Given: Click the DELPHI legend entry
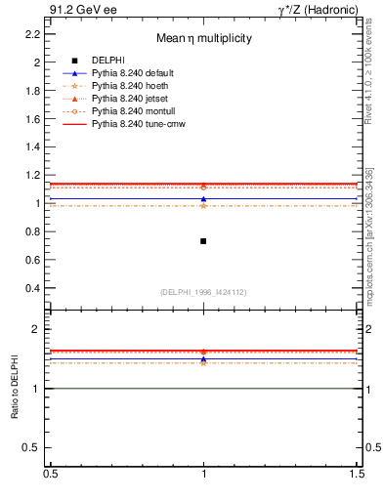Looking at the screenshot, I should click(107, 61).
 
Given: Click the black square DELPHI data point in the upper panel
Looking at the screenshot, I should click(203, 241).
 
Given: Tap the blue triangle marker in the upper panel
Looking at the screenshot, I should click(203, 199).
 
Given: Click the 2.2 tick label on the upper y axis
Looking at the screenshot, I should click(33, 33).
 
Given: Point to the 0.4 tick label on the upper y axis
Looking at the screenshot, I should click(33, 289).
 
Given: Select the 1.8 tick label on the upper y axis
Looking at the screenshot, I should click(33, 90).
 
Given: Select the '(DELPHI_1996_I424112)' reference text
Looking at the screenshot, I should click(203, 292).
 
